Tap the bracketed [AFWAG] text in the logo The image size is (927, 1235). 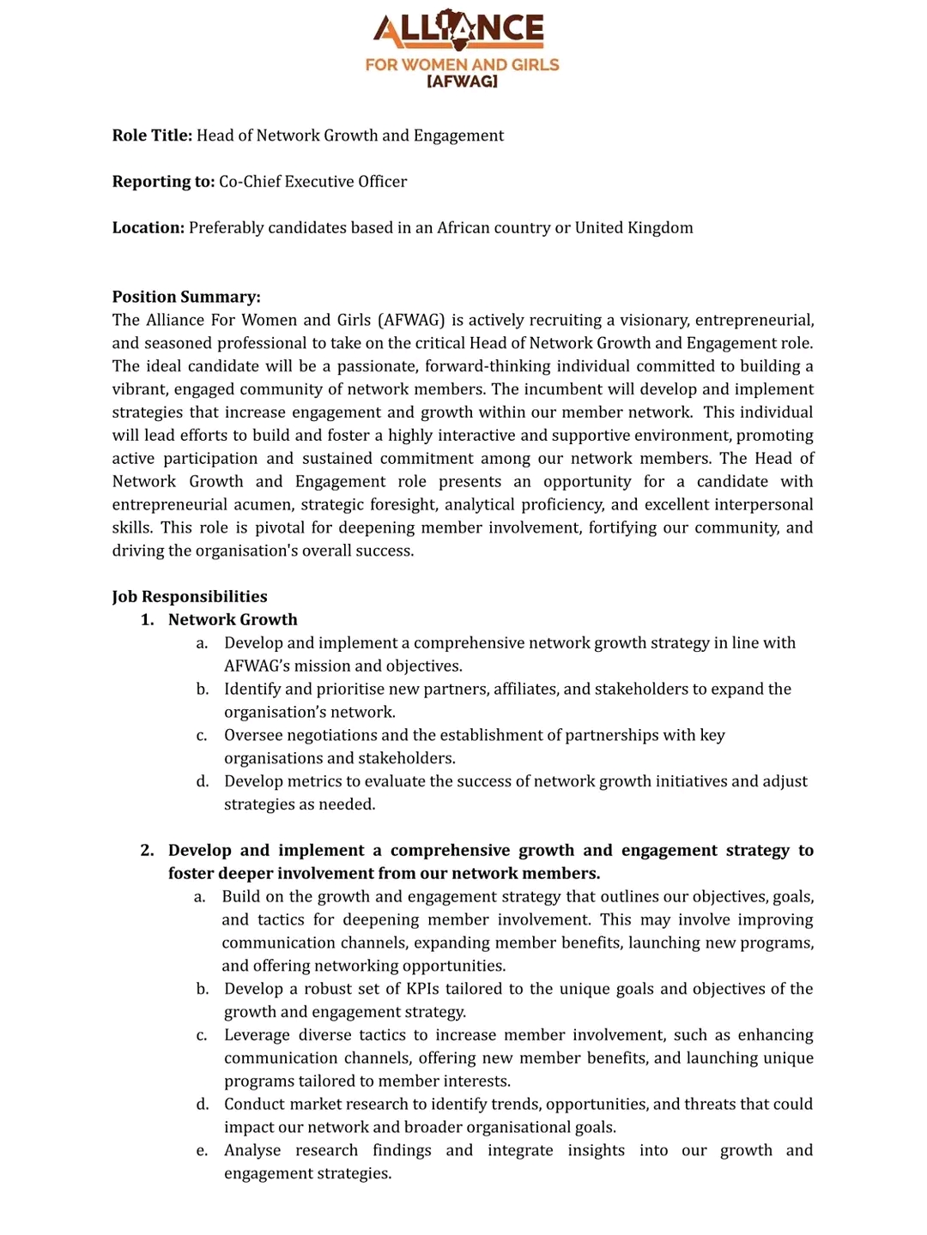tap(462, 81)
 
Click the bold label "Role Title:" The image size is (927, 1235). tap(152, 136)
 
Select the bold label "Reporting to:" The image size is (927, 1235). tap(163, 182)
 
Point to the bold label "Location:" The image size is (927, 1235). tap(148, 228)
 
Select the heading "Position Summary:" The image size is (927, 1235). tap(186, 297)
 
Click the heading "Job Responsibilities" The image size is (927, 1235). tap(190, 597)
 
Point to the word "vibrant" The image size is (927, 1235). tap(140, 389)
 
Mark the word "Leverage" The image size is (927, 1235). tap(255, 1035)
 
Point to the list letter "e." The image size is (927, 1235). tap(202, 1151)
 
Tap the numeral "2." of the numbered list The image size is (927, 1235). tap(148, 851)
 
